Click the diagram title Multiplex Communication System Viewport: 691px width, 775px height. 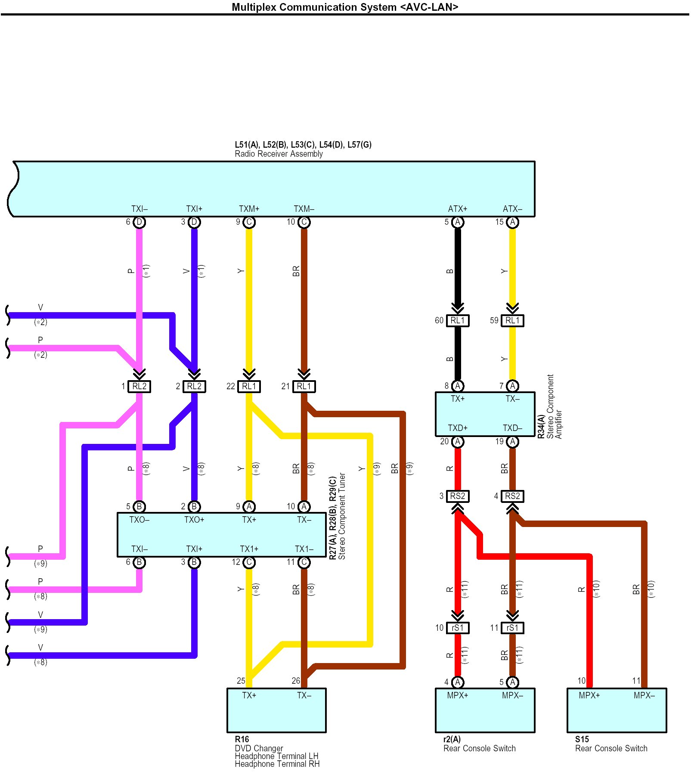click(x=344, y=7)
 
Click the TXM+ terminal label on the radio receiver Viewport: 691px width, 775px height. click(x=249, y=209)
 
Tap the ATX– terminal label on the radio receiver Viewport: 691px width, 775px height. click(x=512, y=209)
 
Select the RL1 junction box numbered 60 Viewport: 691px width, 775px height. click(x=458, y=320)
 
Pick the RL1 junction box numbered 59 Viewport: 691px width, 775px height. click(x=512, y=320)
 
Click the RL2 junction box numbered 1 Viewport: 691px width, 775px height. click(x=139, y=386)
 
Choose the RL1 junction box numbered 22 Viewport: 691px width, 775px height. click(x=249, y=386)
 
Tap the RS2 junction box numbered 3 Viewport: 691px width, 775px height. click(x=458, y=496)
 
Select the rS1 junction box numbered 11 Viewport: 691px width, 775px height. click(x=512, y=628)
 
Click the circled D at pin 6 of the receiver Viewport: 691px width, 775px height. click(x=139, y=222)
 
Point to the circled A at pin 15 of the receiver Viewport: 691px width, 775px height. click(x=512, y=222)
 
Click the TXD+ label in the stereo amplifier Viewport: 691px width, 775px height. click(x=458, y=428)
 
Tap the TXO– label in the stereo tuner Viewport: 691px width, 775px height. click(x=139, y=520)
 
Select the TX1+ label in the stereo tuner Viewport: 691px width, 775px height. click(x=249, y=549)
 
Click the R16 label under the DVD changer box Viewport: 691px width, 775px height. click(x=242, y=739)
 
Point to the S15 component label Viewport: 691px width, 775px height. click(x=582, y=739)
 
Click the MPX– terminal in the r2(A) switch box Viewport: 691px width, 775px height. click(x=512, y=695)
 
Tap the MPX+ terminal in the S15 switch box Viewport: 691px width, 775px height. click(x=589, y=695)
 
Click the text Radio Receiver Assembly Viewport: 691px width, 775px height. click(x=279, y=154)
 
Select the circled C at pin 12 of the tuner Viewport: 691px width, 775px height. click(x=249, y=562)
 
